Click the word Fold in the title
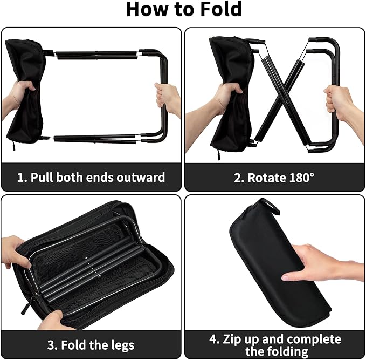click(x=221, y=9)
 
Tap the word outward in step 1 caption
click(x=141, y=177)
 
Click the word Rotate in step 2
click(x=267, y=178)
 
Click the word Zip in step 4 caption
click(x=232, y=339)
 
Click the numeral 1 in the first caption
click(x=20, y=178)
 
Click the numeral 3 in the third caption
click(x=50, y=345)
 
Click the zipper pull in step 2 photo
click(x=219, y=154)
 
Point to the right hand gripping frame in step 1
click(x=168, y=99)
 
